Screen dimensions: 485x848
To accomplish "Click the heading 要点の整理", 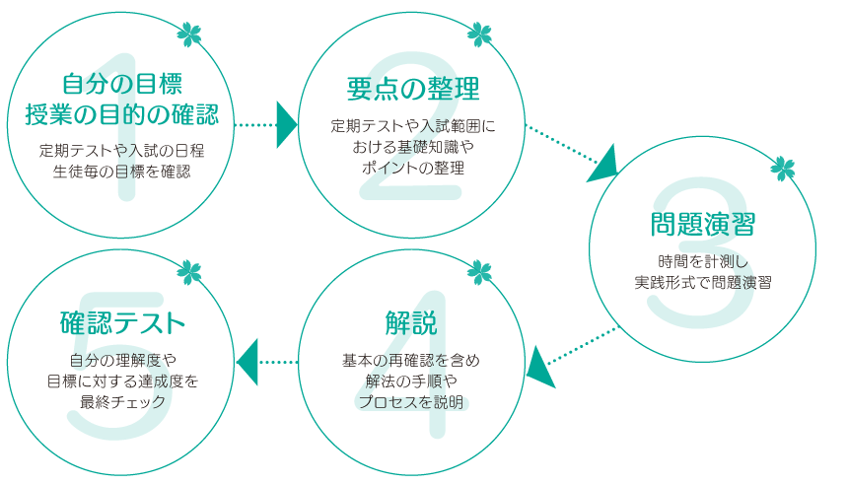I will point(413,89).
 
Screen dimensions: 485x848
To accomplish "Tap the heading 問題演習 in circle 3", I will point(702,224).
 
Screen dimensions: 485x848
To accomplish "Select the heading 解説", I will point(411,322).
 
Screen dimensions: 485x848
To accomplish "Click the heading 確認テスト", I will point(122,322).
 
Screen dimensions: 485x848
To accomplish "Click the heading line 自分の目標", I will point(121,83).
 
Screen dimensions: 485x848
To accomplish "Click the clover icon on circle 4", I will point(479,269).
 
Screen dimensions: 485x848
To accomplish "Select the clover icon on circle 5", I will point(188,269).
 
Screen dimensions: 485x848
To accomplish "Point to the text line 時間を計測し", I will point(703,261).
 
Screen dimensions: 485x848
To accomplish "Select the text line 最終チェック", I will point(122,401).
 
